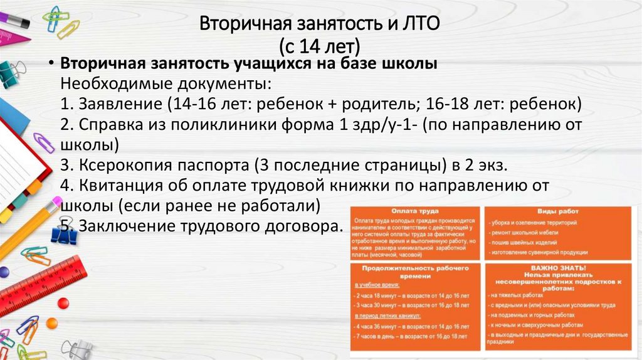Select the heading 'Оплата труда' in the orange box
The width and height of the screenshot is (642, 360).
tap(414, 211)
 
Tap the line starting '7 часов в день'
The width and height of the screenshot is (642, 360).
tap(411, 337)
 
